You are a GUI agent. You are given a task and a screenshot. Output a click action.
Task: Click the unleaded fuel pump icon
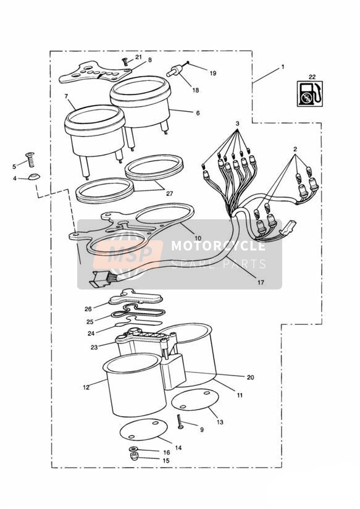[x=311, y=93]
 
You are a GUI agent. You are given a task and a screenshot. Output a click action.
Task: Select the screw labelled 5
[x=30, y=159]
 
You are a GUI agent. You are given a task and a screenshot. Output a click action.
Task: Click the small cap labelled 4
[x=34, y=177]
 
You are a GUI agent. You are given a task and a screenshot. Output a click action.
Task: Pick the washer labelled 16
[x=133, y=449]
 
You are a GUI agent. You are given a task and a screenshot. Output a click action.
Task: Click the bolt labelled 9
[x=180, y=422]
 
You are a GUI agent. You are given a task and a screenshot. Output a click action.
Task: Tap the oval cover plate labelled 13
[x=195, y=399]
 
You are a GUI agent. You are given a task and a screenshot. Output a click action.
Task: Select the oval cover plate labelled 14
[x=144, y=429]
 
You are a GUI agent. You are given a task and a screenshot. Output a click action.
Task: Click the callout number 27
[x=169, y=194]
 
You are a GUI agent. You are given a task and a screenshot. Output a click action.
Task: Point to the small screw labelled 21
[x=125, y=61]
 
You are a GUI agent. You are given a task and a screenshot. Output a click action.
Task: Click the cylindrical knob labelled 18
[x=175, y=71]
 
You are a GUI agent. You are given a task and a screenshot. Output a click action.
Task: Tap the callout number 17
[x=261, y=282]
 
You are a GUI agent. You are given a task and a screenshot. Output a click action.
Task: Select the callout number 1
[x=283, y=67]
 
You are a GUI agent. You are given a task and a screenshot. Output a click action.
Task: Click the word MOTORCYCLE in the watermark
[x=218, y=246]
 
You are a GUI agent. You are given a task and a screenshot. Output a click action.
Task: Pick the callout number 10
[x=198, y=238]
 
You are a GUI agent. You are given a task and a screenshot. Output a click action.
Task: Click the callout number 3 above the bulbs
[x=238, y=124]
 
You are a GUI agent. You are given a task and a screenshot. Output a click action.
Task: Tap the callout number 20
[x=250, y=377]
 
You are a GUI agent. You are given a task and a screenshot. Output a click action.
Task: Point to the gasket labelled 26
[x=135, y=297]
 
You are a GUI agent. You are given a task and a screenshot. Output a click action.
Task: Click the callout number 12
[x=86, y=387]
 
